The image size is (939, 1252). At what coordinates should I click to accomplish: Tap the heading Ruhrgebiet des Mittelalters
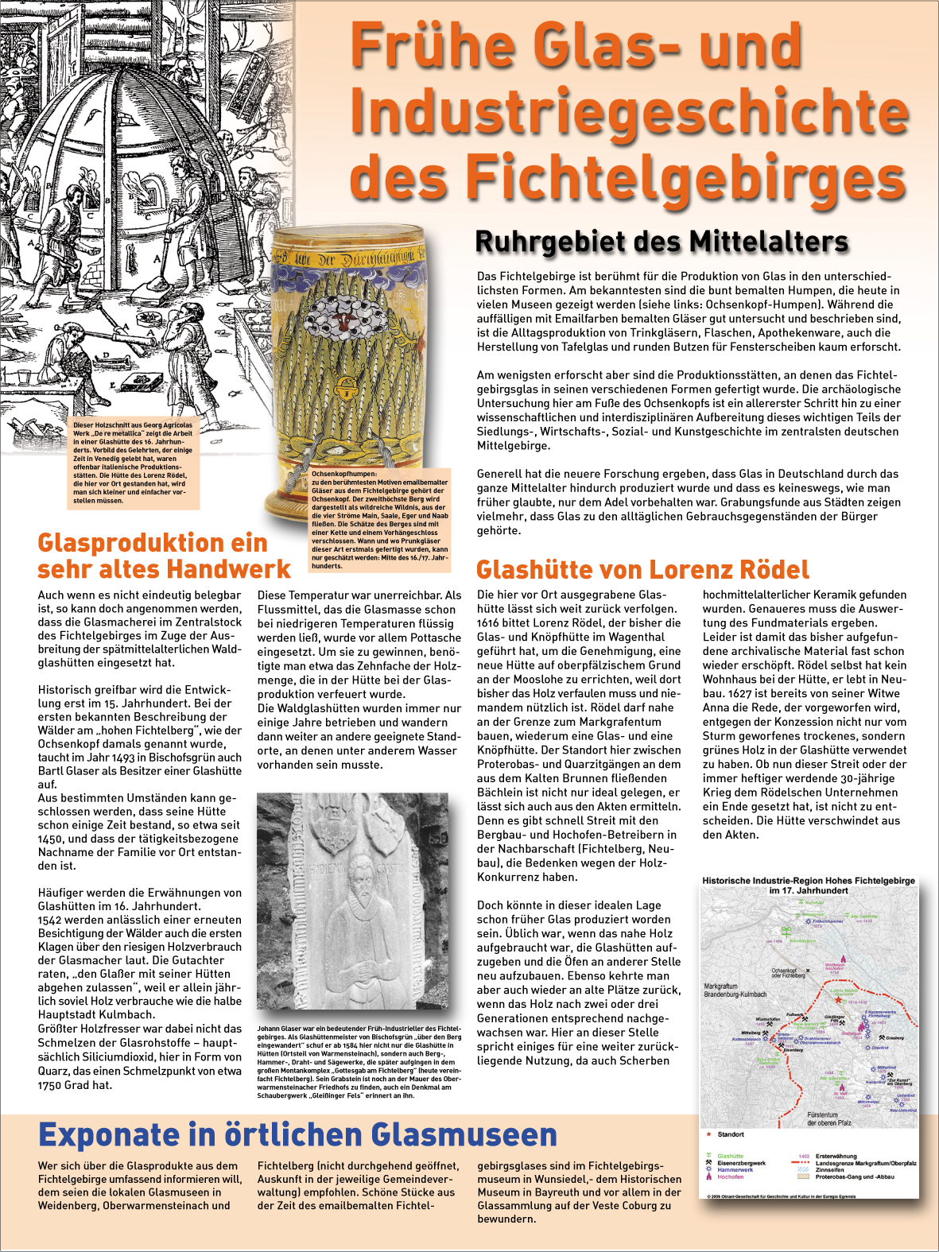662,241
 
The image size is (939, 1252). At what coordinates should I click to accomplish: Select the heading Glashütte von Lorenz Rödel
642,569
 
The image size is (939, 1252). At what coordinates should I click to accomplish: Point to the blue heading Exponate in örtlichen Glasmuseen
297,1134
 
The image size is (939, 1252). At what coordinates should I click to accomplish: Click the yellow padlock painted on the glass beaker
346,387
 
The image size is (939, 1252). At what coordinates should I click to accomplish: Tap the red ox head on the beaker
343,322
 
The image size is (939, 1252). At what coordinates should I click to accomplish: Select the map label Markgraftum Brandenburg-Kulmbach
735,990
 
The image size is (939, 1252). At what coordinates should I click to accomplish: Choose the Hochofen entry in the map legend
730,1176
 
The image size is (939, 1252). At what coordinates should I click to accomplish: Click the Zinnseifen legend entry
829,1170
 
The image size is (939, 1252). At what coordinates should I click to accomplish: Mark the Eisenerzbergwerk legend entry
741,1163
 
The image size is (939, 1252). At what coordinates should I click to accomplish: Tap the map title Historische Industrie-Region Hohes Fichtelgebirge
809,881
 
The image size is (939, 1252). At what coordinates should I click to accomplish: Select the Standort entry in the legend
731,1134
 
